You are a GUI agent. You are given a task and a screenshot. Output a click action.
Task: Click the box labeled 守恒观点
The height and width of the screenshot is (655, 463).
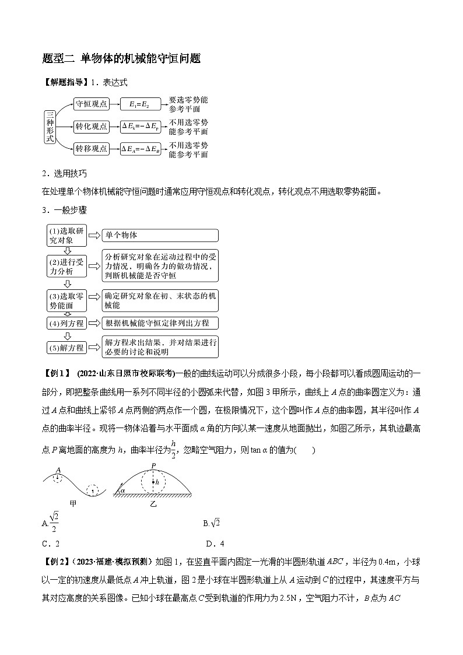(x=92, y=104)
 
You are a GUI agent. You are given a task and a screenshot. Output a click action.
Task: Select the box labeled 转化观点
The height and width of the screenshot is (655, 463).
(x=92, y=126)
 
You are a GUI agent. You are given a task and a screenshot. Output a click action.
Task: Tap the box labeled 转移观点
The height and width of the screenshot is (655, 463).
(x=92, y=149)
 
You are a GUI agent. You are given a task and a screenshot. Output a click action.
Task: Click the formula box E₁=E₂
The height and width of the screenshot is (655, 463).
(x=139, y=104)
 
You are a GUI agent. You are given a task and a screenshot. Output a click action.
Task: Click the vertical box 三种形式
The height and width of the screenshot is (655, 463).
(x=51, y=127)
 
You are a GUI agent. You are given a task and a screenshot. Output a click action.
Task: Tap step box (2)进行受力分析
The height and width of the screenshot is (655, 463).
(x=65, y=266)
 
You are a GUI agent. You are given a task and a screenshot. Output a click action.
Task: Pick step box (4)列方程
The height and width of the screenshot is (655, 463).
(x=65, y=323)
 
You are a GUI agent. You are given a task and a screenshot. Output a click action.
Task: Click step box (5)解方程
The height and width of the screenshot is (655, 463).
(x=65, y=348)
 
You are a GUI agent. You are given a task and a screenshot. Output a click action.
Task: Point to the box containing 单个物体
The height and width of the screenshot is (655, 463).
(x=160, y=235)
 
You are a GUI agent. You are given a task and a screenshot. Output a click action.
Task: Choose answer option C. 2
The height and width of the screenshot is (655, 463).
(x=51, y=544)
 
